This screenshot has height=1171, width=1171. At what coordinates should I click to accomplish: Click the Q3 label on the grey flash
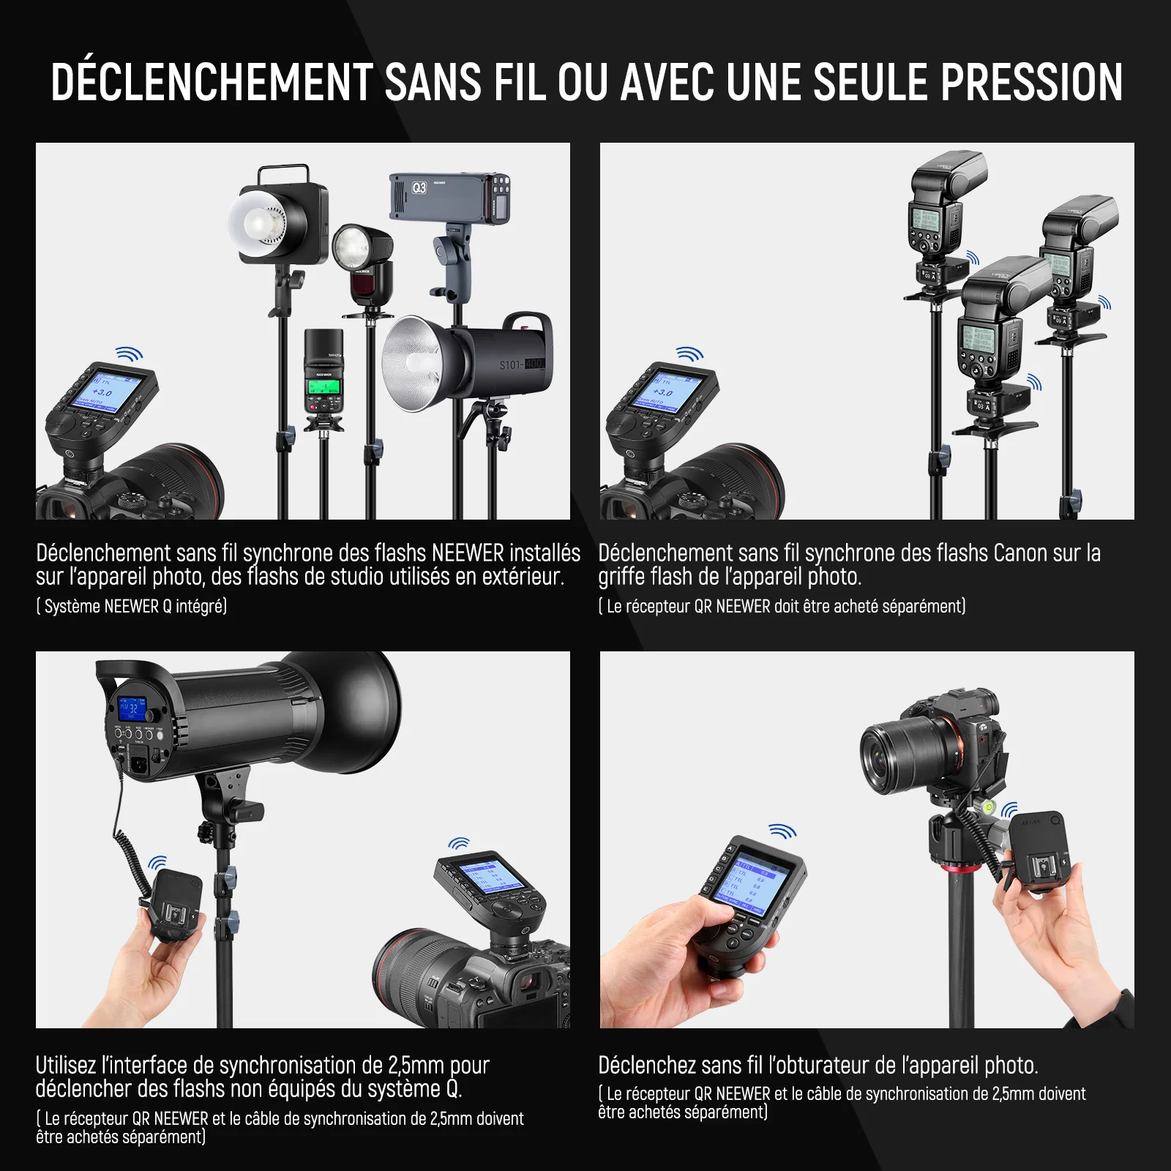(419, 188)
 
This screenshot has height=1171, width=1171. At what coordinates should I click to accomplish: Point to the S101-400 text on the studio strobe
(522, 364)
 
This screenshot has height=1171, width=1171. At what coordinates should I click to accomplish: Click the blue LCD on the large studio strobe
(132, 708)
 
